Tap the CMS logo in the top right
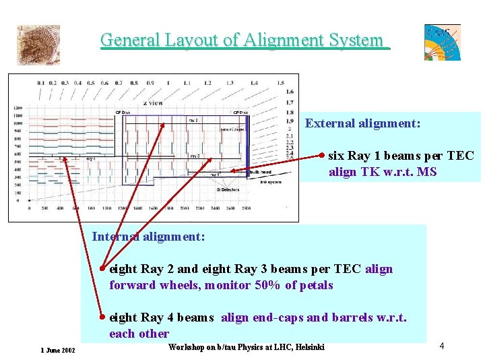tap(442, 42)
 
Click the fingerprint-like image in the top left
tap(38, 45)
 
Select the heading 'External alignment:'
tap(362, 123)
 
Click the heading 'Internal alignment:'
tap(148, 237)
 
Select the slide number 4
tap(442, 346)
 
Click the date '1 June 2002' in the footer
tap(57, 351)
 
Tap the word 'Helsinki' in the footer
tap(307, 347)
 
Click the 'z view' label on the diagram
tap(153, 102)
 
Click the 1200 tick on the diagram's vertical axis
tap(18, 108)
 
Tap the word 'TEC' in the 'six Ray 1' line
tap(461, 156)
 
